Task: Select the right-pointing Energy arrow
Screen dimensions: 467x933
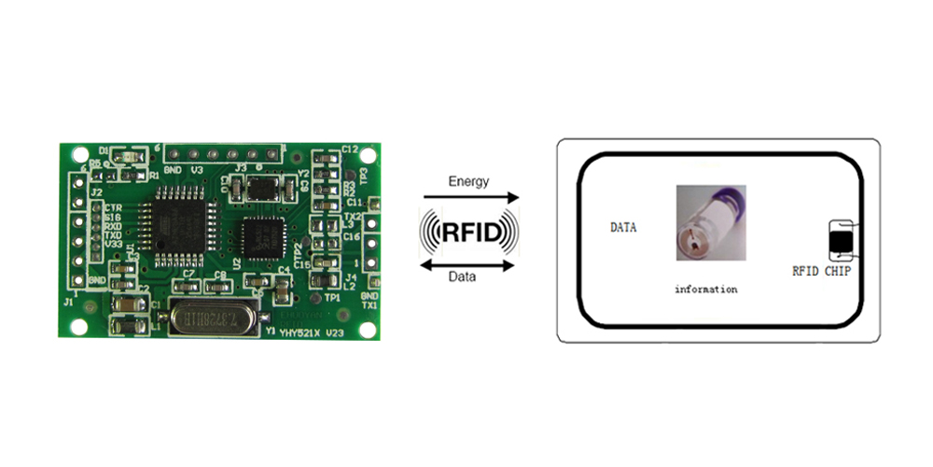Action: click(x=470, y=197)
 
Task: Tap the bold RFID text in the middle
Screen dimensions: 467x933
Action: click(x=468, y=231)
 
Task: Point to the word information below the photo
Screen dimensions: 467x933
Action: click(x=705, y=290)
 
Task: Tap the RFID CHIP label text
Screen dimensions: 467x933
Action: click(x=821, y=272)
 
